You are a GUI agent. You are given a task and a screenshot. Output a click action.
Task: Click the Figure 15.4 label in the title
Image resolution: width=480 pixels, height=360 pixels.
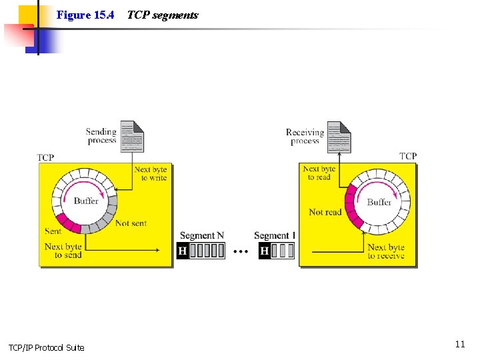(x=85, y=15)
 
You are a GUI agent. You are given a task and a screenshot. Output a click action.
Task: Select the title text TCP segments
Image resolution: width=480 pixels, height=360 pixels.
(x=162, y=15)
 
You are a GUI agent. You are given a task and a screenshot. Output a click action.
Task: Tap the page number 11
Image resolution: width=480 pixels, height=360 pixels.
(x=459, y=344)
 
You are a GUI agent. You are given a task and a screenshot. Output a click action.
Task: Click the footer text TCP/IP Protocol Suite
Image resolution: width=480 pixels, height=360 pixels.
(x=46, y=347)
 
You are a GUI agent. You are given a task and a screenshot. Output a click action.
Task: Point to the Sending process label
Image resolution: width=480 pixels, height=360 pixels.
(x=101, y=136)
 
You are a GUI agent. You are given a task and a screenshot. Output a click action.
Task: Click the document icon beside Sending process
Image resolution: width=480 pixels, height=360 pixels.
(x=132, y=137)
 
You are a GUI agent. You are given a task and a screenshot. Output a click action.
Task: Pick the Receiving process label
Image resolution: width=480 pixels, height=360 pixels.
(x=305, y=137)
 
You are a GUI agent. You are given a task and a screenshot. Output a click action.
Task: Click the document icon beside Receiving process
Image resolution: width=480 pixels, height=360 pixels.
(x=339, y=137)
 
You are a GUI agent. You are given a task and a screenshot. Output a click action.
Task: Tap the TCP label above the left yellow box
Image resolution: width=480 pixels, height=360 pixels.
(x=45, y=158)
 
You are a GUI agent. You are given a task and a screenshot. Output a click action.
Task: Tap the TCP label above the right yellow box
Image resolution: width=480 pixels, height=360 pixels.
(x=408, y=156)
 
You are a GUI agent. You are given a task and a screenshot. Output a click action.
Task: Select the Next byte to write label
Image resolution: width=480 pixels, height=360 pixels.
(x=151, y=174)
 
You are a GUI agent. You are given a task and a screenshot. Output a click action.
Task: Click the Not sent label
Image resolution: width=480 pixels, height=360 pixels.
(x=131, y=223)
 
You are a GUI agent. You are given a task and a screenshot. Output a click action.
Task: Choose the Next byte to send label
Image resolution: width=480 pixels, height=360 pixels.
(x=63, y=251)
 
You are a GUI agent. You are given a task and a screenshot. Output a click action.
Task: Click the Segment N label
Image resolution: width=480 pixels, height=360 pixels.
(x=197, y=236)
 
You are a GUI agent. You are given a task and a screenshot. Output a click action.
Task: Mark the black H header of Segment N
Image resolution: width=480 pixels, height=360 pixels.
(x=183, y=251)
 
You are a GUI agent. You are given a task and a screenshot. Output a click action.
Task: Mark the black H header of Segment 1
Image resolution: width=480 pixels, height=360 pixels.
(x=265, y=251)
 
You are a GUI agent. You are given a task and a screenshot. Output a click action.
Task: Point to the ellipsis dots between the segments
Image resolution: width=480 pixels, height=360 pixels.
(x=241, y=251)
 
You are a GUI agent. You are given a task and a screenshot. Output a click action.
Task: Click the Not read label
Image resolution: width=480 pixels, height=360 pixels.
(x=325, y=212)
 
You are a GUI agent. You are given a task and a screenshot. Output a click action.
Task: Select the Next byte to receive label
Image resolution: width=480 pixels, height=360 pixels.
(x=386, y=251)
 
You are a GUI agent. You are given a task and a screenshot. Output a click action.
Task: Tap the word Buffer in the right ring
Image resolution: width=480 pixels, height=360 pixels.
(x=379, y=202)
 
